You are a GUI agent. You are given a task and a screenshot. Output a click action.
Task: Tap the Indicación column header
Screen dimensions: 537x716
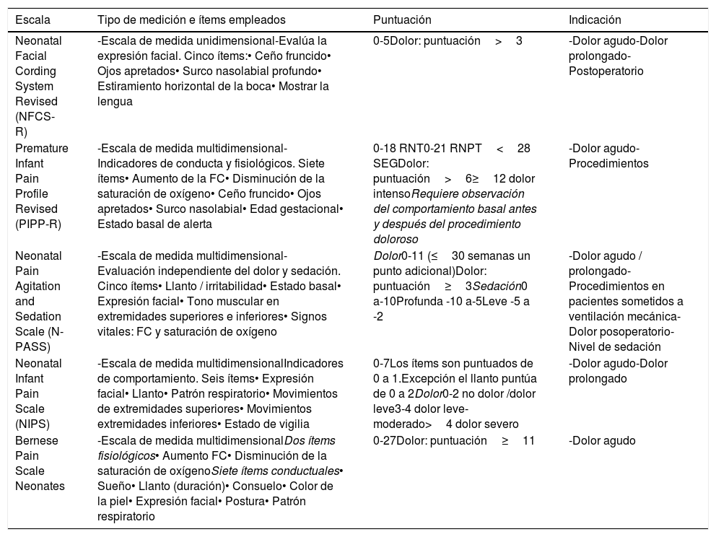coord(595,20)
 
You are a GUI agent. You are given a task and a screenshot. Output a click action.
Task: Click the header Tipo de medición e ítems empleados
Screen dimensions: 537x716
coord(191,20)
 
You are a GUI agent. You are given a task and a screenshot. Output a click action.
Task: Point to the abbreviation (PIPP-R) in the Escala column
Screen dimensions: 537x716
coord(38,224)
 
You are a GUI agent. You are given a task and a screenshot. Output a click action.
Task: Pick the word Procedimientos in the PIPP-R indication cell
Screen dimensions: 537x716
coord(608,163)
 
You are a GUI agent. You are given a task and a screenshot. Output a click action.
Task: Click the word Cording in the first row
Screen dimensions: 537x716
coord(34,71)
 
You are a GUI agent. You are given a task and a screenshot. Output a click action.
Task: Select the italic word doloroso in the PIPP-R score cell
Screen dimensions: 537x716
coord(396,239)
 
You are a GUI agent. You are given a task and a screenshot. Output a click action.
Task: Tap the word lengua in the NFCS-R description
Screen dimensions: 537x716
coord(115,102)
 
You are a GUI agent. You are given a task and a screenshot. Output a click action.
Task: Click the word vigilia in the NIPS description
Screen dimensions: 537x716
coord(290,424)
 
